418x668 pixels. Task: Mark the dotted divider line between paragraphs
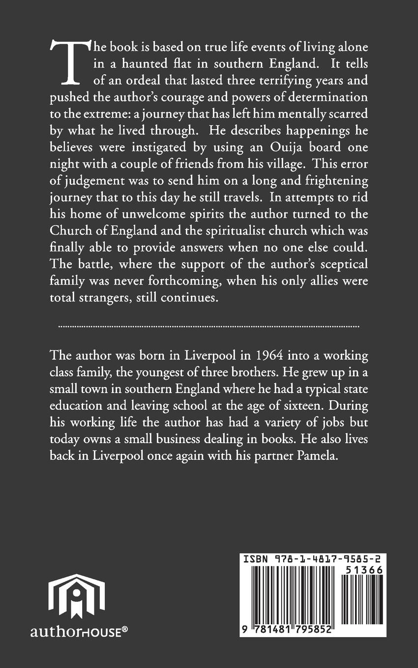point(209,326)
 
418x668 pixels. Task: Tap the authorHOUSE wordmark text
point(76,632)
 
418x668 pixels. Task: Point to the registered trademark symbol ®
point(125,628)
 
